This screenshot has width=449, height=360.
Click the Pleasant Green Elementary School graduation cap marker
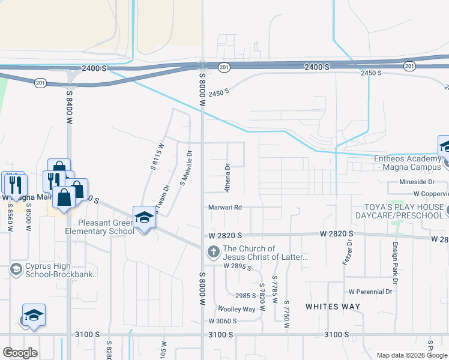(x=144, y=218)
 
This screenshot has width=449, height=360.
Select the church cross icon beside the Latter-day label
(x=213, y=253)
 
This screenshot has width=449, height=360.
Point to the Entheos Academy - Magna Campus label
(x=411, y=163)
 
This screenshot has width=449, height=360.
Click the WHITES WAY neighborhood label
(x=333, y=307)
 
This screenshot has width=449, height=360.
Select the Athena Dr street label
(x=228, y=178)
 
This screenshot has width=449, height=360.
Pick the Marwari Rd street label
(x=225, y=208)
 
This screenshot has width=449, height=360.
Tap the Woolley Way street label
(x=237, y=310)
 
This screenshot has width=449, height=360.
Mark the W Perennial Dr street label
(x=370, y=292)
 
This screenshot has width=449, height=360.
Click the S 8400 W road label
(x=69, y=104)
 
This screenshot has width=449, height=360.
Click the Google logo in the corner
(x=20, y=353)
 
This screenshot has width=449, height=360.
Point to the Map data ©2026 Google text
(x=412, y=355)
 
